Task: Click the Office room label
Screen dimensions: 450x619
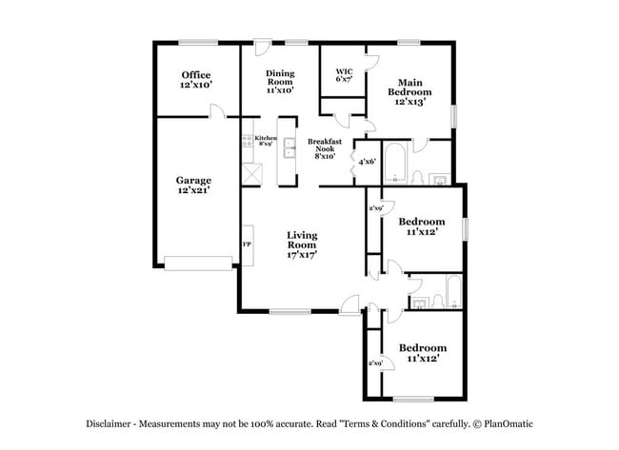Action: click(196, 80)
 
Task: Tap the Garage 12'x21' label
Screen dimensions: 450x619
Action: click(193, 185)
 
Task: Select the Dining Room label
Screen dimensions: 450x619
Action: click(280, 81)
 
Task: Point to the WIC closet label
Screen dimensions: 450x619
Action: click(345, 75)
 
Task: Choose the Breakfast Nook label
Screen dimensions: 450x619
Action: click(321, 149)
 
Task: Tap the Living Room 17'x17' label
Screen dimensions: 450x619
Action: click(302, 245)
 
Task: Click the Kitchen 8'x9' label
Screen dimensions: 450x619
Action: click(266, 141)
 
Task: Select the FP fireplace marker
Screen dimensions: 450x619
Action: click(248, 245)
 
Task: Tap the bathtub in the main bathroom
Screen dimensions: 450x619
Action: click(395, 163)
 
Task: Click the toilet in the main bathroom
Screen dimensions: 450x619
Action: click(417, 176)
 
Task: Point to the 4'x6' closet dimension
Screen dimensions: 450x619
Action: click(367, 162)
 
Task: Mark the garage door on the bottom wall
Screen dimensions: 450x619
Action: click(198, 262)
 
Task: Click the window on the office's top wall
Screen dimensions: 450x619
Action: click(196, 41)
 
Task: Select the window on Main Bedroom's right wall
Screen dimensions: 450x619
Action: click(454, 113)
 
